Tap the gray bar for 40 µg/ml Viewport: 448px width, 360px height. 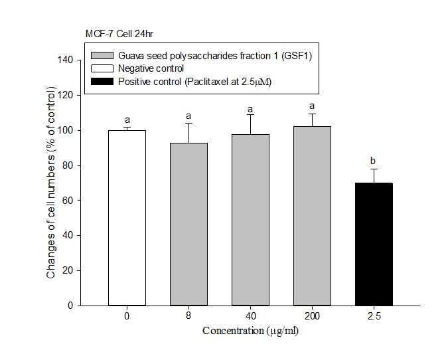pos(250,220)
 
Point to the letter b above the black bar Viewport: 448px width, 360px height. pos(374,160)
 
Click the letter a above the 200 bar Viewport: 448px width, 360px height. pos(312,106)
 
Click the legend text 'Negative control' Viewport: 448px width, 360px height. pos(151,68)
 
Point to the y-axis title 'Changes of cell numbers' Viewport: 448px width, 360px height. pos(51,183)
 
